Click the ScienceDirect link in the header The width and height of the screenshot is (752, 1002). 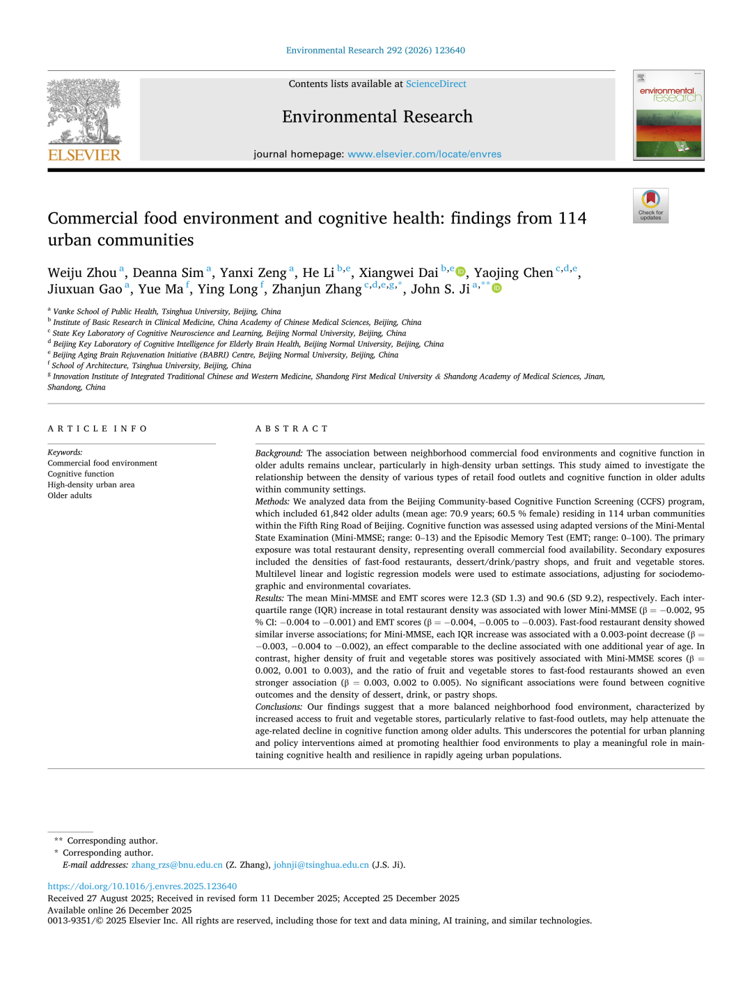pyautogui.click(x=436, y=84)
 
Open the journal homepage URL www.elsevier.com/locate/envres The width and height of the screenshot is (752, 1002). pyautogui.click(x=424, y=154)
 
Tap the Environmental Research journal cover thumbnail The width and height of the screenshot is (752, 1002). pyautogui.click(x=668, y=116)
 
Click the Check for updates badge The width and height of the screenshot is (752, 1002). pyautogui.click(x=650, y=205)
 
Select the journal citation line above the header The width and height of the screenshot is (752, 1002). pyautogui.click(x=375, y=51)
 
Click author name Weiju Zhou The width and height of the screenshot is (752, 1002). pyautogui.click(x=82, y=273)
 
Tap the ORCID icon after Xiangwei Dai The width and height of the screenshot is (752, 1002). pyautogui.click(x=460, y=272)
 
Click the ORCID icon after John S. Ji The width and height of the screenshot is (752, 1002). pyautogui.click(x=496, y=288)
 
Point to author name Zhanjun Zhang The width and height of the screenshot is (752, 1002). pyautogui.click(x=317, y=289)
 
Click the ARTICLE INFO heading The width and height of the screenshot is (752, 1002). pyautogui.click(x=97, y=429)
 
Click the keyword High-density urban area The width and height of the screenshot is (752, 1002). pyautogui.click(x=91, y=485)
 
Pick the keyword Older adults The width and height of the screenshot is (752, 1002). pyautogui.click(x=70, y=496)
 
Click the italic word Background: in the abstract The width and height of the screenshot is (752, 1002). pyautogui.click(x=279, y=454)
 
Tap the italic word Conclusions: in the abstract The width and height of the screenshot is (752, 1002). pyautogui.click(x=279, y=707)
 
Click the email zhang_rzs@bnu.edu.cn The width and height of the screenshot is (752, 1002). pyautogui.click(x=177, y=865)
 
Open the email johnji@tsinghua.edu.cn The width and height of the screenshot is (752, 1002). pyautogui.click(x=321, y=865)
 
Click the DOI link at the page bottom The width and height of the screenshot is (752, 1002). pyautogui.click(x=142, y=886)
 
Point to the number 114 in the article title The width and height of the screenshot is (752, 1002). pyautogui.click(x=572, y=218)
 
